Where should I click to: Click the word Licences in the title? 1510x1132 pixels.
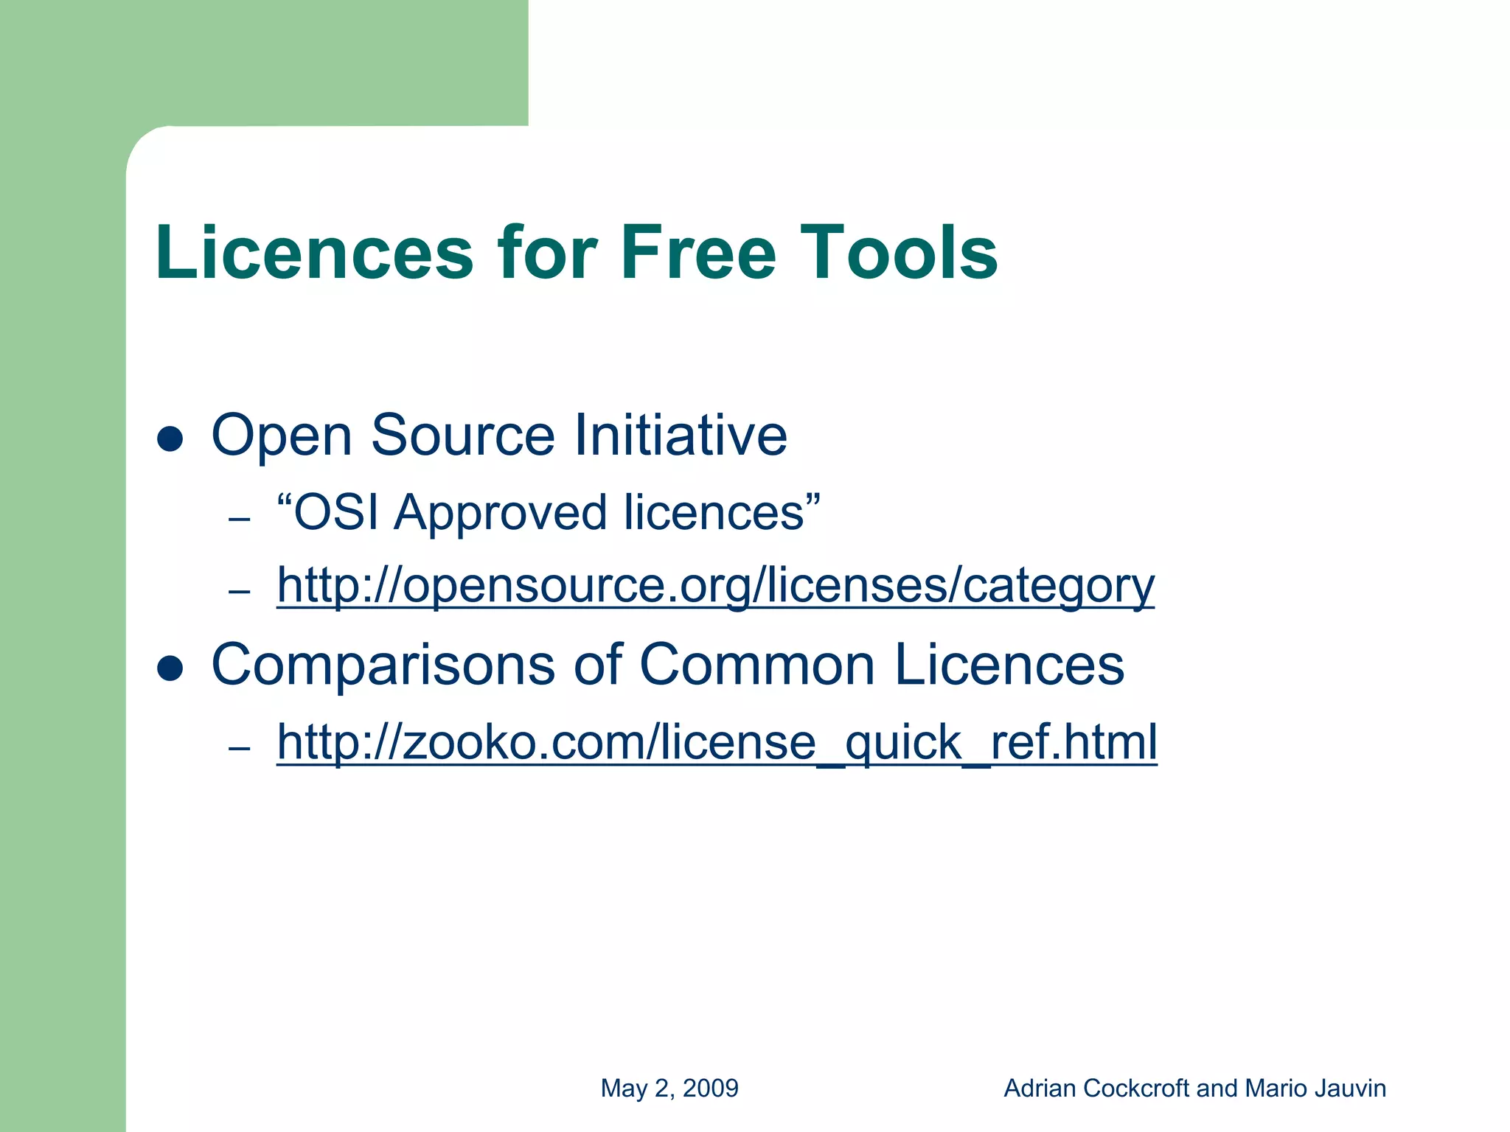[314, 253]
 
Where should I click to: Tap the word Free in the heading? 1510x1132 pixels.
[698, 253]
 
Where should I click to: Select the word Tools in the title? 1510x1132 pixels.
[899, 253]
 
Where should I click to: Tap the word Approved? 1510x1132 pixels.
[501, 514]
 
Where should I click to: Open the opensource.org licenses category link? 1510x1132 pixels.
[715, 587]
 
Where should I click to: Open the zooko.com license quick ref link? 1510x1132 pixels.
[717, 742]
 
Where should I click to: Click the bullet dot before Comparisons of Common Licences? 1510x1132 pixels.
[170, 668]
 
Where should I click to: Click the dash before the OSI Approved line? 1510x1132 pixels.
[240, 520]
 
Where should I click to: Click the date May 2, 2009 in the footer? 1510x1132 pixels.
[669, 1089]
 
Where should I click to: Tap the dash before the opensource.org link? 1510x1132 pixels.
[240, 592]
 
